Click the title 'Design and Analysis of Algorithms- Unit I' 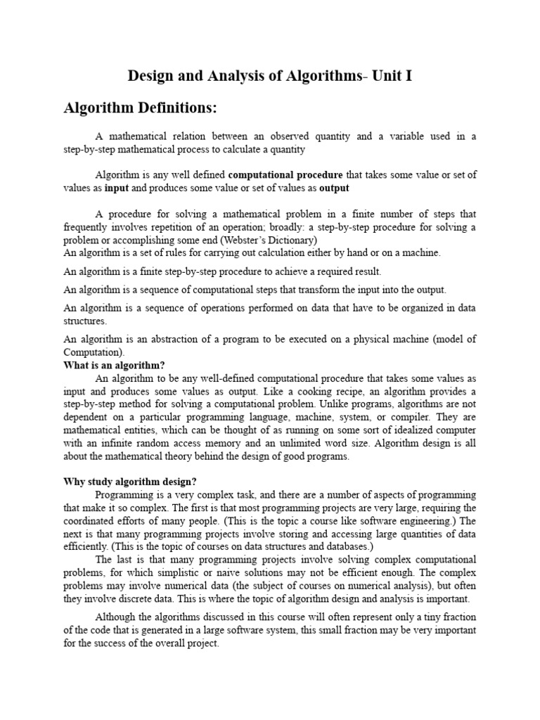tap(269, 76)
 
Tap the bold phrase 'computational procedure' tap(286, 174)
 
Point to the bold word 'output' tap(334, 188)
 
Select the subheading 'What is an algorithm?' tap(114, 366)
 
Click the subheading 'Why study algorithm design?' tap(130, 482)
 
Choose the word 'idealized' tap(411, 430)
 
